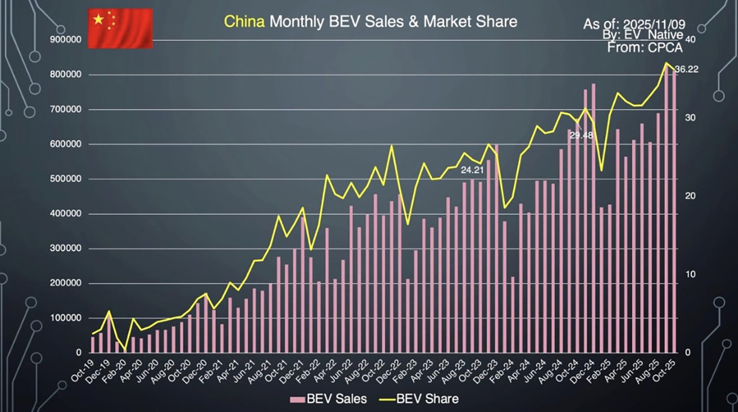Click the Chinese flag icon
[x=120, y=28]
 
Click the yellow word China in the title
[x=245, y=22]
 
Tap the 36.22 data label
[x=686, y=69]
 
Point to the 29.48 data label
[x=581, y=135]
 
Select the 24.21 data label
[x=472, y=170]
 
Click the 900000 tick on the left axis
[x=65, y=40]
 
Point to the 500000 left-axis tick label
[x=65, y=179]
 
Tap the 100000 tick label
[x=65, y=318]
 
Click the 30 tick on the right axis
[x=690, y=118]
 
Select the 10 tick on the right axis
[x=690, y=274]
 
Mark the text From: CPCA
[x=645, y=48]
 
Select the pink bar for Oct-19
[x=92, y=345]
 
